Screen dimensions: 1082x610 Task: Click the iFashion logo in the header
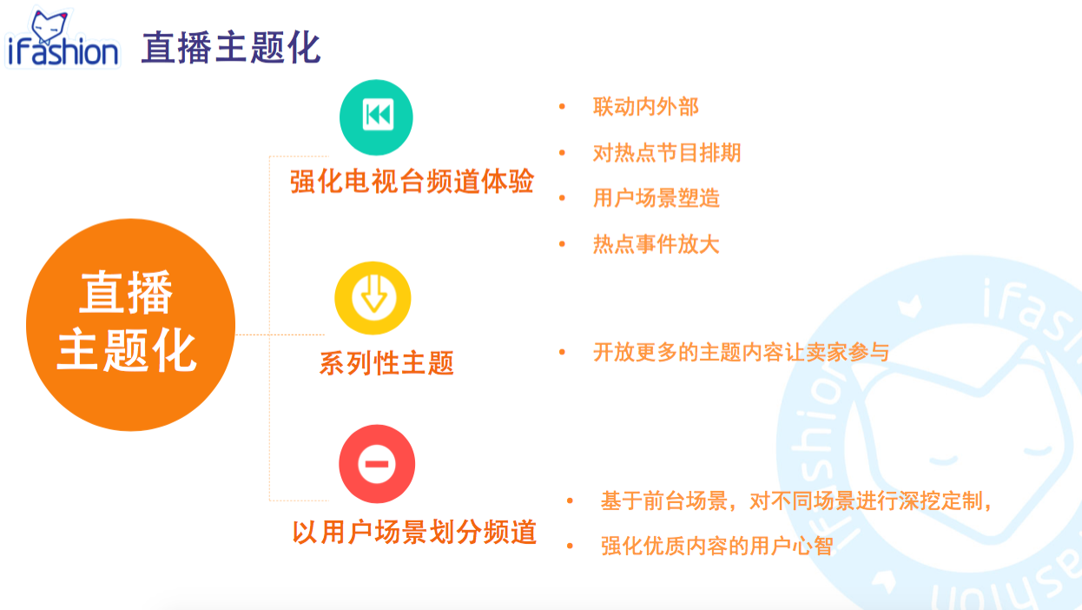pos(63,37)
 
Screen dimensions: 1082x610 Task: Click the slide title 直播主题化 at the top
pos(231,48)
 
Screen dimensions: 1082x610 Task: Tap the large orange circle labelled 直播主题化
pos(130,324)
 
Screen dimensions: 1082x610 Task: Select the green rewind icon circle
pos(376,117)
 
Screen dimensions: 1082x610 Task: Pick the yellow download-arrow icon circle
pos(373,298)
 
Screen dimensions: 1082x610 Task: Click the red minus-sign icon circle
pos(377,463)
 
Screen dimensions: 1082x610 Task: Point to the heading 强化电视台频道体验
pos(412,182)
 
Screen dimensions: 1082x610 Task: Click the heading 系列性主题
pos(386,363)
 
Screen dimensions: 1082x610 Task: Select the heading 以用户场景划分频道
pos(414,532)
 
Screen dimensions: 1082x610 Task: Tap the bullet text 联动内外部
pos(646,107)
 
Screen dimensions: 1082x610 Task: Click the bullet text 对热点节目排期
pos(667,153)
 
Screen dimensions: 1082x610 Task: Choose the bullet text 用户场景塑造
pos(656,198)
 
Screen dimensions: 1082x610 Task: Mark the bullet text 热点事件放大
pos(656,243)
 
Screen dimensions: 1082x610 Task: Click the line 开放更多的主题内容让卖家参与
pos(742,352)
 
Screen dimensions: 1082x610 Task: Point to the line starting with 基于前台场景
pos(796,501)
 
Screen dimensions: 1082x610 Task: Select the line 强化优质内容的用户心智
pos(716,546)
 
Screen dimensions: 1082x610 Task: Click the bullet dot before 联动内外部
pos(562,106)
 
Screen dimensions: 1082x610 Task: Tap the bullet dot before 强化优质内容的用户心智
pos(570,546)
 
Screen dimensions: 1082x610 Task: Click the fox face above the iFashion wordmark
pos(49,27)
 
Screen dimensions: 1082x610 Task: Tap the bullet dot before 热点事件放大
pos(562,243)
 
